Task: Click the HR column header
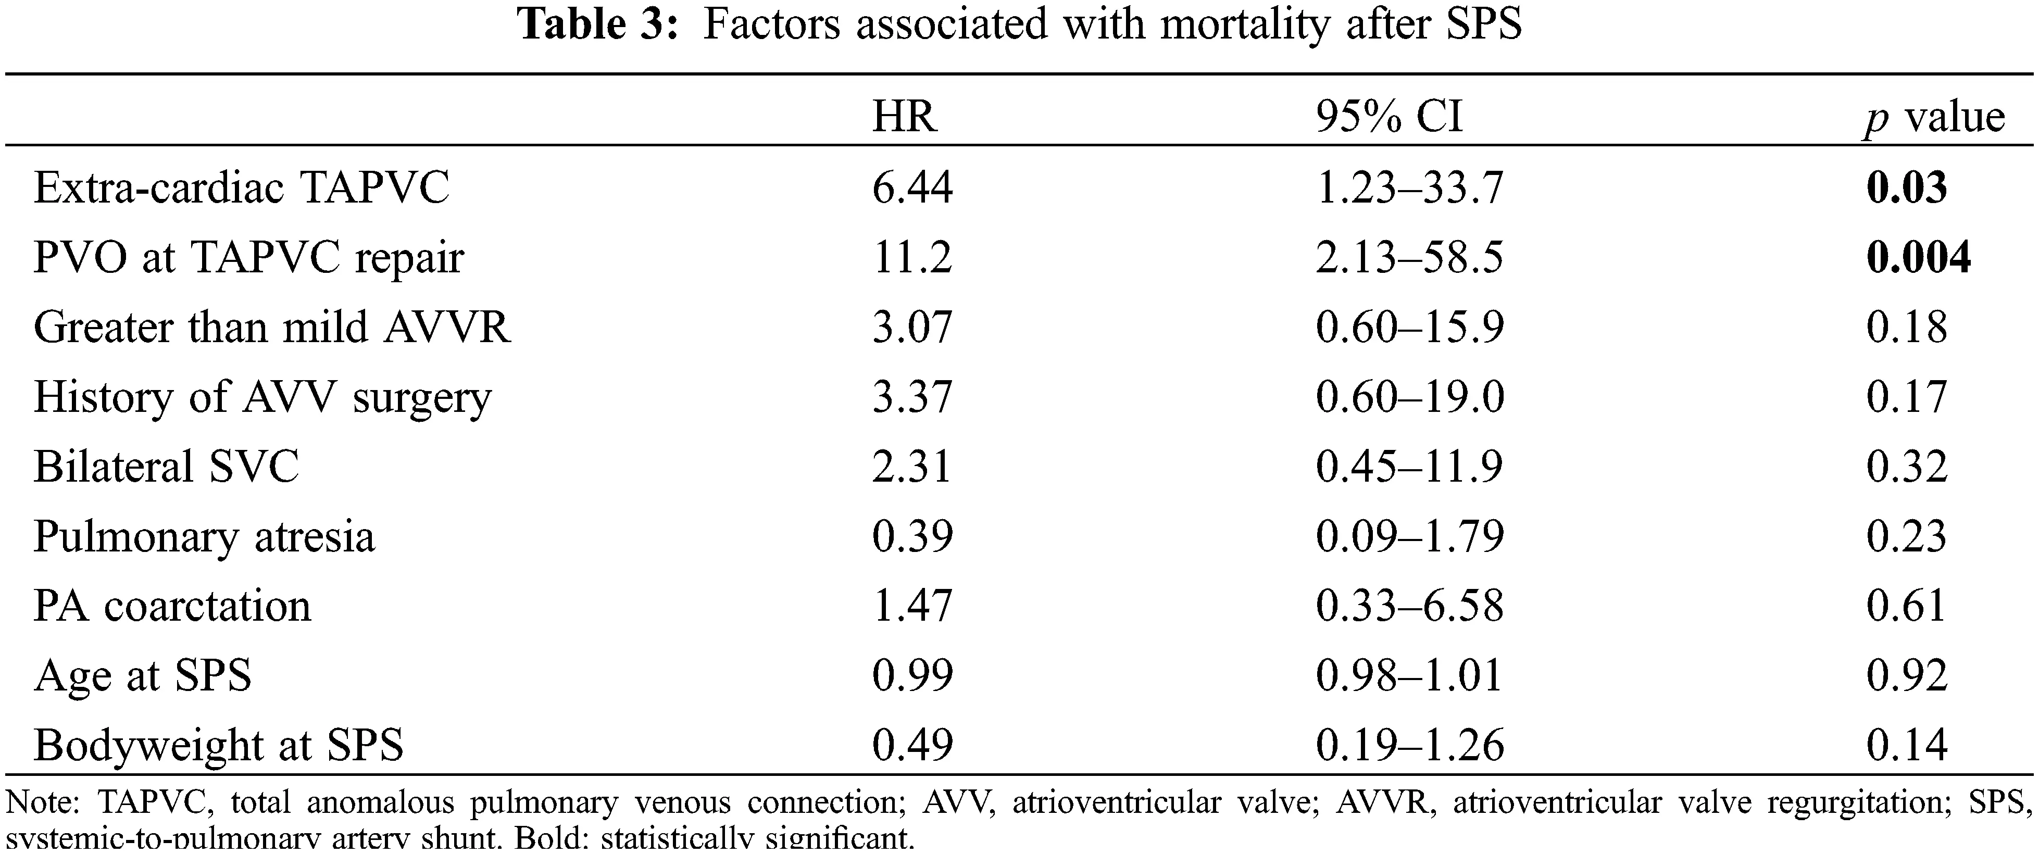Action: click(x=904, y=117)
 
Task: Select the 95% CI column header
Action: click(x=1389, y=117)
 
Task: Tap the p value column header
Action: click(x=1934, y=117)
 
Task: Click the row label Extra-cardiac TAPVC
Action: click(x=242, y=189)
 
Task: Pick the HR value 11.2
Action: click(x=912, y=258)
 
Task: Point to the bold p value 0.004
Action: click(x=1918, y=258)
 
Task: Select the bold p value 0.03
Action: click(x=1906, y=189)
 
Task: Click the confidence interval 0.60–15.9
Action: click(x=1409, y=328)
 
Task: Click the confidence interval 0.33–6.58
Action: click(x=1409, y=606)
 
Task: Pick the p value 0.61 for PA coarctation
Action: click(x=1906, y=606)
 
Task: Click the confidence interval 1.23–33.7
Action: click(x=1409, y=189)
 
